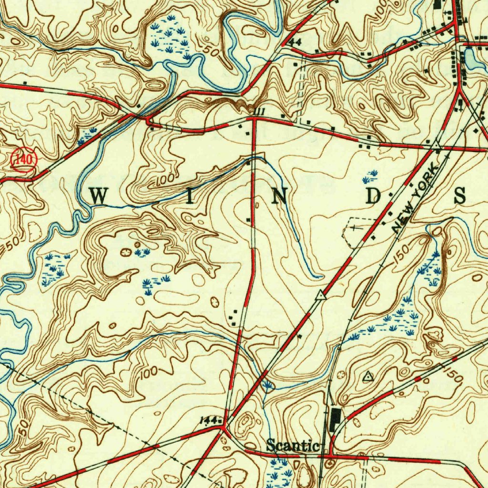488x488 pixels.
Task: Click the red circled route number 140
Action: pyautogui.click(x=23, y=159)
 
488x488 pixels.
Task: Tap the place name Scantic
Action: pyautogui.click(x=292, y=446)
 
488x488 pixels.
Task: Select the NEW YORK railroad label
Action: pyautogui.click(x=415, y=199)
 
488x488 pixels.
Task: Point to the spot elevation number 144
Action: pyautogui.click(x=208, y=419)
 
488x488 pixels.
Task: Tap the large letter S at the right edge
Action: pyautogui.click(x=460, y=196)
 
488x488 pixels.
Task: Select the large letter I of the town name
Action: pyautogui.click(x=190, y=196)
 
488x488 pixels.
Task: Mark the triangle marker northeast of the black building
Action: pyautogui.click(x=367, y=377)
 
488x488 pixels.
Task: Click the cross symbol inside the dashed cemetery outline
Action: pyautogui.click(x=355, y=229)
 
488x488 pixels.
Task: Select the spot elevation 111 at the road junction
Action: pyautogui.click(x=260, y=111)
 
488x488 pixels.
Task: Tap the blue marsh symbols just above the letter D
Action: pyautogui.click(x=370, y=176)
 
